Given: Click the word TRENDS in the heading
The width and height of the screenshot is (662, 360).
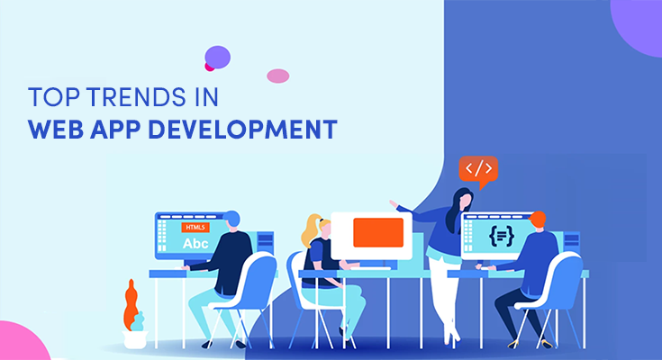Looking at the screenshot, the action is coord(137,96).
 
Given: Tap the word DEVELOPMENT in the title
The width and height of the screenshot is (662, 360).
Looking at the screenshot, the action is coord(243,129).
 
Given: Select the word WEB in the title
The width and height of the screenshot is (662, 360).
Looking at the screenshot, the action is coord(56,129).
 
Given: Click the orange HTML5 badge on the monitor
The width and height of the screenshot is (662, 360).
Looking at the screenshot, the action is coord(195,228).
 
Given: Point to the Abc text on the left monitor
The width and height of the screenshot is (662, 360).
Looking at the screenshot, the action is coord(195,244).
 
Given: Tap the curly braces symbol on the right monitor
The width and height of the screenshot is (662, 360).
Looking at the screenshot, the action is coord(502,236).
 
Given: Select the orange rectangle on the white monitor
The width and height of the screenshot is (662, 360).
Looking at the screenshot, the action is coord(378,232).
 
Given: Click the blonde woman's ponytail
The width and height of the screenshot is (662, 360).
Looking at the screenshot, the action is coord(309,231).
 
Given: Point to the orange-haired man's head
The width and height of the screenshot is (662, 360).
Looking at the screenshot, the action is coord(537,220).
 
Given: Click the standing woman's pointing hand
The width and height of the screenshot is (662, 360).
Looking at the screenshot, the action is coord(394,204).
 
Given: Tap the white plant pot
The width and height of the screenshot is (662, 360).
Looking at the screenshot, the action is coord(135,339).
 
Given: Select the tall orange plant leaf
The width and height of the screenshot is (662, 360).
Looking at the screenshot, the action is coord(131,305).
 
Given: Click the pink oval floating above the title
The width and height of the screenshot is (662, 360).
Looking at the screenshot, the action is coord(277,76).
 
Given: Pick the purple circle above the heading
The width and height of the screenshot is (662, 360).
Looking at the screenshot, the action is coord(217,58).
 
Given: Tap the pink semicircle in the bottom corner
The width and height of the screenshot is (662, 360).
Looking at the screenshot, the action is coord(22,343).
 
